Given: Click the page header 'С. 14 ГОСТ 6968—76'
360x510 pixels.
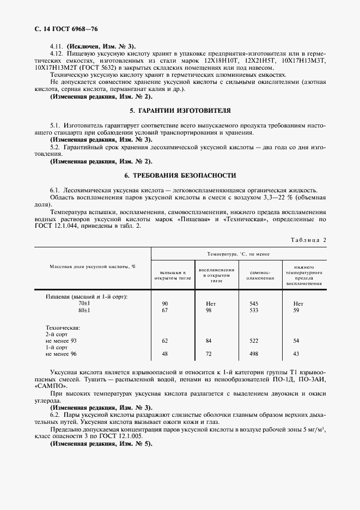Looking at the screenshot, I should tap(66, 28).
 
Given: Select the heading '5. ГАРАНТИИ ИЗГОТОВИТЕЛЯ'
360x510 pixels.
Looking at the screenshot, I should tap(180, 110).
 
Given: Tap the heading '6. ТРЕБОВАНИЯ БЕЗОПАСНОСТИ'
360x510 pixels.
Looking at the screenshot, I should tap(180, 175).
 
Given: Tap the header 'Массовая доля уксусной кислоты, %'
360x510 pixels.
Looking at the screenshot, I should tap(93, 266).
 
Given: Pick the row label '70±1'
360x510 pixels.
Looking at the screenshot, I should tap(84, 303).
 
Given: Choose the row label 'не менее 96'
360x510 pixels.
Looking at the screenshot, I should tap(62, 354).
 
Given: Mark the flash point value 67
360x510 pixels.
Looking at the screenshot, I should tap(165, 310).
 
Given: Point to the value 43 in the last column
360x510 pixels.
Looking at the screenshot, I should tap(296, 354).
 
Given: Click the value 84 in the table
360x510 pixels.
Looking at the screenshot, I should tap(209, 340).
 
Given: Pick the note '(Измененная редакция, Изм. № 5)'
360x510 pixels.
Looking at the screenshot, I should tap(101, 444).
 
